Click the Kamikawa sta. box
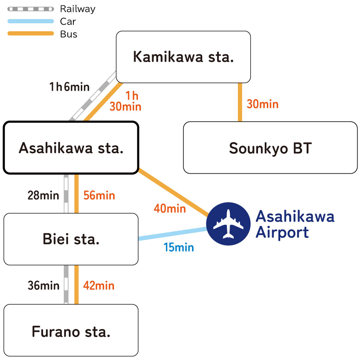click(183, 57)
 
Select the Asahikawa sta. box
click(71, 148)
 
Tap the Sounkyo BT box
click(270, 148)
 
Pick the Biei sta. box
click(71, 239)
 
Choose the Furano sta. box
click(71, 331)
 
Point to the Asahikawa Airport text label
click(294, 224)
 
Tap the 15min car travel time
click(179, 247)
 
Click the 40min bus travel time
click(169, 209)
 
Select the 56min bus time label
click(99, 195)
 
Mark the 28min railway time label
click(43, 195)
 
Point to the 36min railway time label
click(43, 285)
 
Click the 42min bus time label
click(99, 285)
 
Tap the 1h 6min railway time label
click(69, 87)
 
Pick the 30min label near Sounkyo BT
click(262, 104)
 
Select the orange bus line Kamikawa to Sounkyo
click(240, 102)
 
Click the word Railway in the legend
click(77, 9)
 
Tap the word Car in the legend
click(68, 22)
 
